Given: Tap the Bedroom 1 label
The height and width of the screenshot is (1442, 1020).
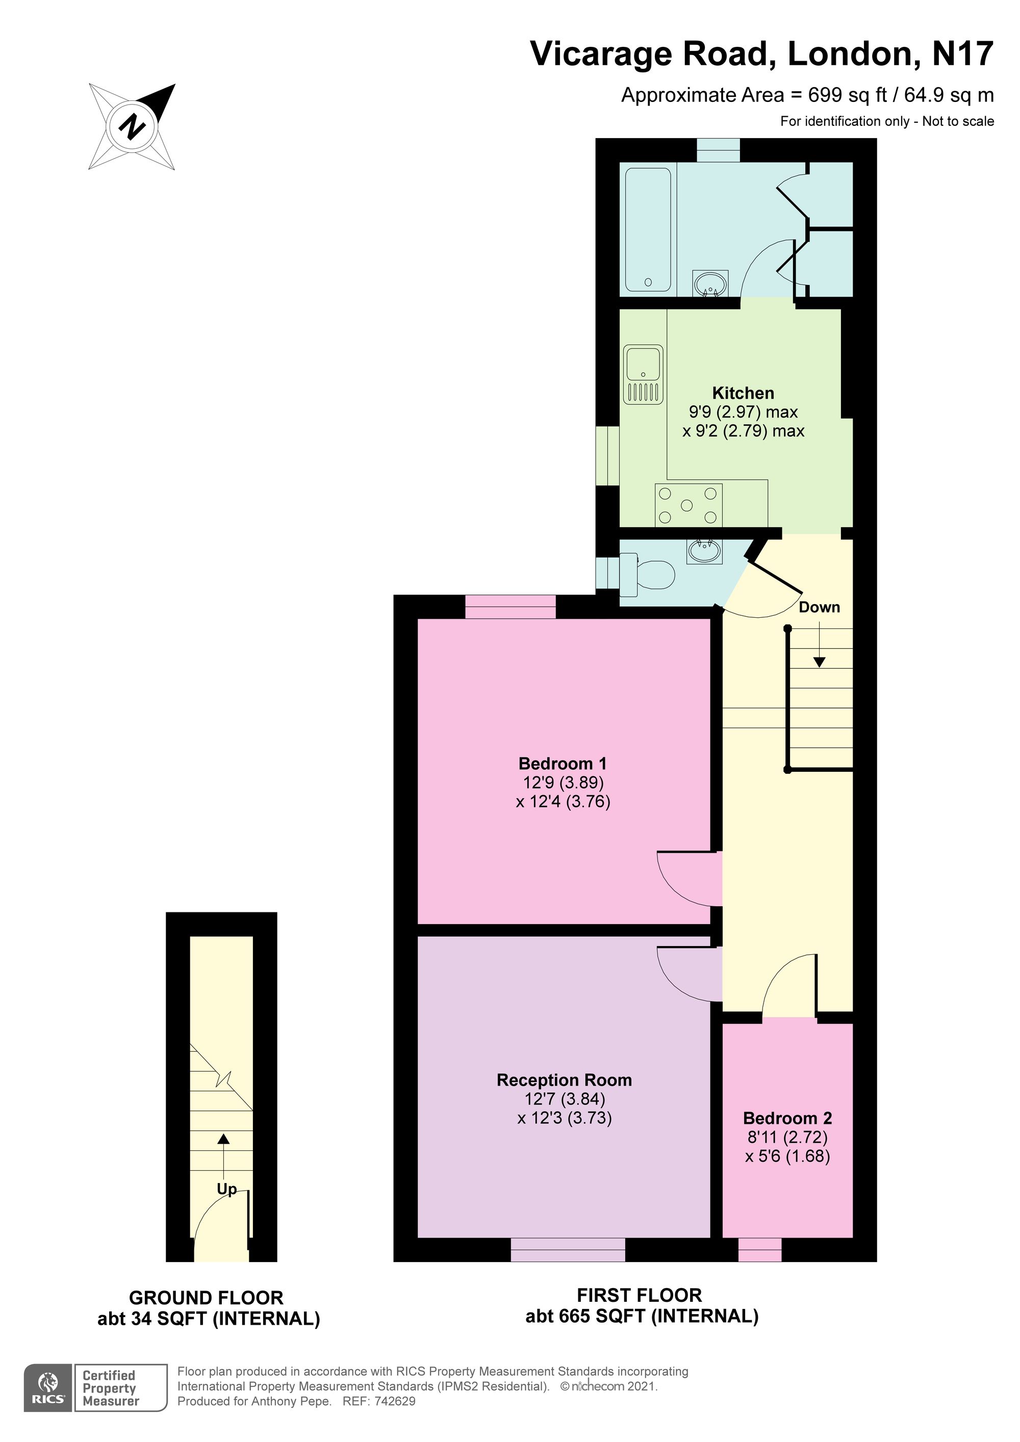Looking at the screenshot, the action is pyautogui.click(x=563, y=764).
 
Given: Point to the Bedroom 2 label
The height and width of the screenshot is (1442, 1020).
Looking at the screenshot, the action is pyautogui.click(x=787, y=1118).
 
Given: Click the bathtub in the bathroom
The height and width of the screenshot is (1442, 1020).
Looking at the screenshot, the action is pyautogui.click(x=648, y=230).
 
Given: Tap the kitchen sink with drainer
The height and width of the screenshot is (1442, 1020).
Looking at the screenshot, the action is pyautogui.click(x=644, y=374).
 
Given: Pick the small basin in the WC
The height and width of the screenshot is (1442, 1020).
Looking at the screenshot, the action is pyautogui.click(x=704, y=552).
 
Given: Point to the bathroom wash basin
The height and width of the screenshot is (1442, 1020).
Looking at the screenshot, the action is pyautogui.click(x=711, y=283).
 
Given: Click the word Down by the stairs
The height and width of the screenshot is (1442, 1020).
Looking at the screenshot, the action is pyautogui.click(x=820, y=607).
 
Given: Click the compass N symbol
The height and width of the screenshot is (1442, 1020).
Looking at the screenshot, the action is pyautogui.click(x=132, y=127).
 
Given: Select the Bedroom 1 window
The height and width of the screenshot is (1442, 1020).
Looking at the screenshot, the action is pyautogui.click(x=511, y=607).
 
